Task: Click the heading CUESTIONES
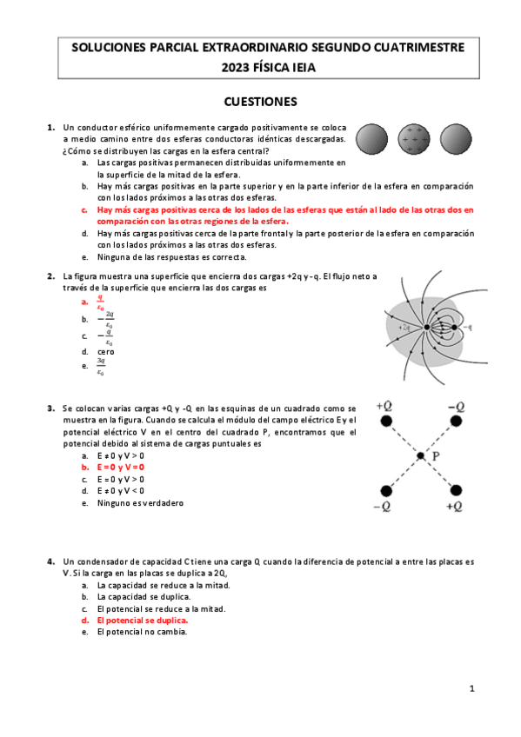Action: pos(260,101)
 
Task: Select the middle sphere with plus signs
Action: pos(414,138)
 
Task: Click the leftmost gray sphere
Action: pos(372,138)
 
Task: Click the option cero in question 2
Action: pos(106,352)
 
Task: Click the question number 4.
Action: pos(51,561)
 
